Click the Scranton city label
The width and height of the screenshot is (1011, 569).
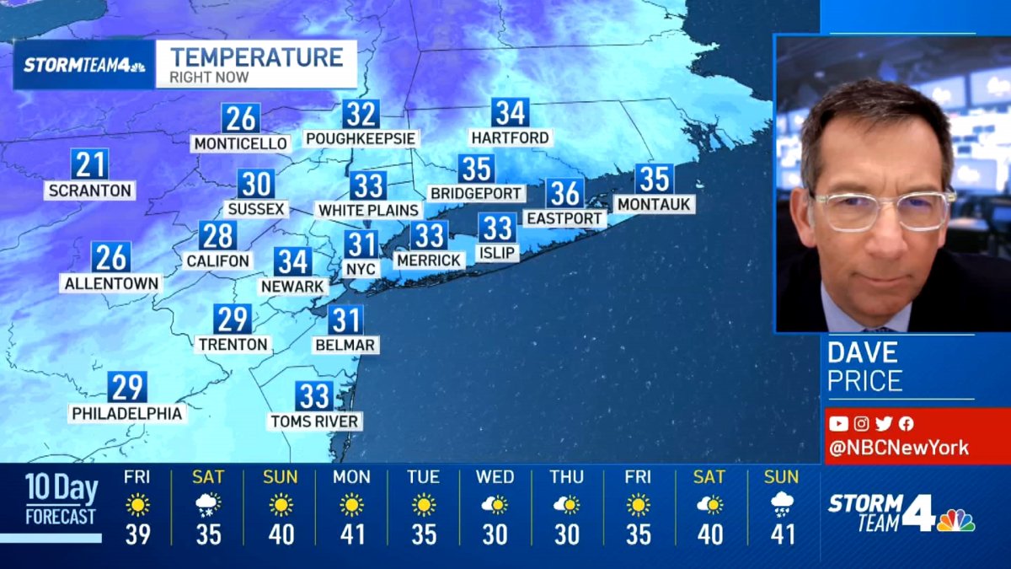(89, 191)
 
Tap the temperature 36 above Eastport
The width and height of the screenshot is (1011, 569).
(564, 193)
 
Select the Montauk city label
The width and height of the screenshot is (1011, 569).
(654, 204)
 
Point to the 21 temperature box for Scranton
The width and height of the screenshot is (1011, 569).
(89, 163)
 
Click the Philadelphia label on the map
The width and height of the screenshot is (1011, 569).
(127, 413)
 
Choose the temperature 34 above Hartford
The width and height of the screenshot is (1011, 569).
(511, 112)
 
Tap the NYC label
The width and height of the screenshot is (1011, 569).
(361, 269)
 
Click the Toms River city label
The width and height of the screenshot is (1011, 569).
(314, 421)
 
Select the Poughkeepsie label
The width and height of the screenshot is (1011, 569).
(361, 138)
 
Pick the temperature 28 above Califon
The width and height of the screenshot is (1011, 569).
(217, 235)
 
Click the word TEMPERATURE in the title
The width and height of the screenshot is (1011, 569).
(256, 57)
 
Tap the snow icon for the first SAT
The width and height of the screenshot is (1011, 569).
(208, 504)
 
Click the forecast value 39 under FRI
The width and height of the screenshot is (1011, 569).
(136, 534)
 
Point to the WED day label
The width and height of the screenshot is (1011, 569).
(495, 477)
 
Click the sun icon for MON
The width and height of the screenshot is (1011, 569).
(351, 504)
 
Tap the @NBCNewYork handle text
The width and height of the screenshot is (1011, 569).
(898, 448)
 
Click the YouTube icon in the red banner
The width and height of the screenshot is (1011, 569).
(838, 424)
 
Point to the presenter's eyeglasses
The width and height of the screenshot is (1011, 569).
(881, 210)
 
